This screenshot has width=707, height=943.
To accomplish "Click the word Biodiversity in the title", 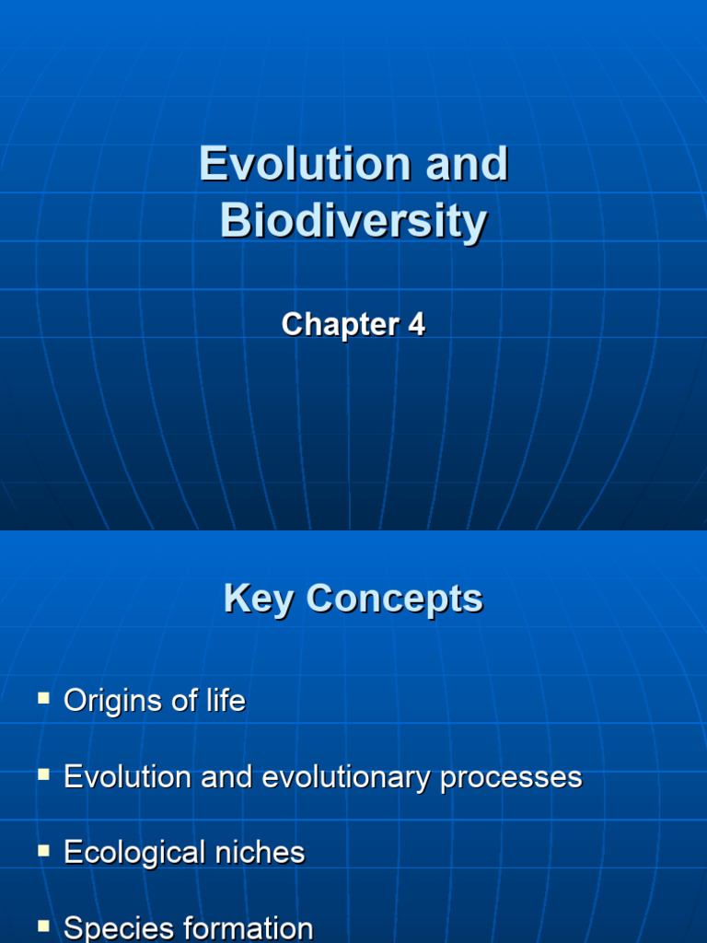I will tap(353, 222).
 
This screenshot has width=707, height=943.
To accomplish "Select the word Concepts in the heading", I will tap(395, 600).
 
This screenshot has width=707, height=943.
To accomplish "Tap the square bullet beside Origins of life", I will tap(43, 699).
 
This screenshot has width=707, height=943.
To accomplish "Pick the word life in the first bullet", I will tap(225, 702).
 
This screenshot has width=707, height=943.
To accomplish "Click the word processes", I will tap(511, 779).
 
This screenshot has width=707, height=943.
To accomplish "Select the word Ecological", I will tap(133, 853).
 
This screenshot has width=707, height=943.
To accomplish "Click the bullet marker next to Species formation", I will tap(43, 925).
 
